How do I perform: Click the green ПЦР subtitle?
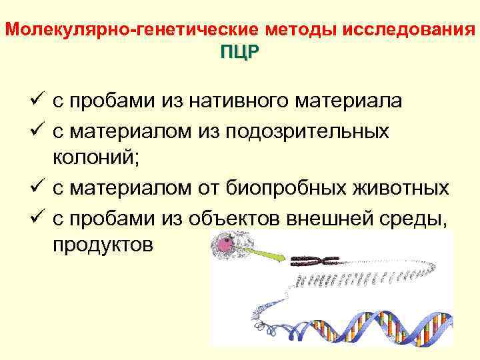[x=239, y=54]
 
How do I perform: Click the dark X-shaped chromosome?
[x=319, y=259]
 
